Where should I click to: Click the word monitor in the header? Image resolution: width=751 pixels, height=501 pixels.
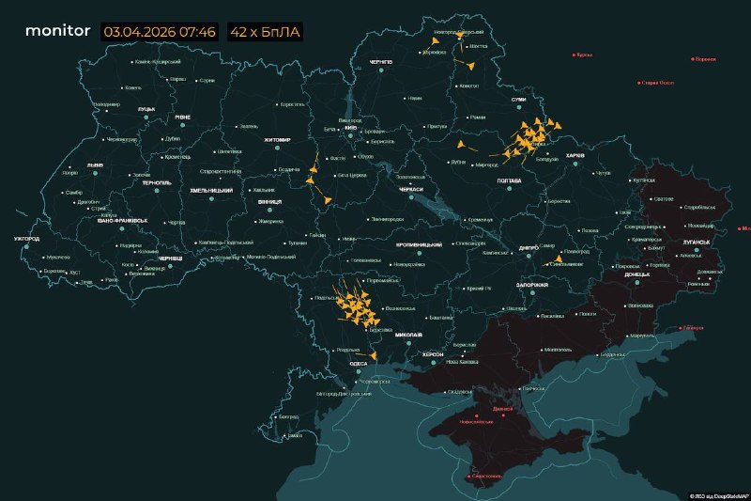(57, 31)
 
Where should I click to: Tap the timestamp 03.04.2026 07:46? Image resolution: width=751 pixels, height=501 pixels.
(160, 31)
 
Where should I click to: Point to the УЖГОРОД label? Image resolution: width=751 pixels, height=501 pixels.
(26, 239)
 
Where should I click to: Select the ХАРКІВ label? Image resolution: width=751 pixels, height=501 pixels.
(575, 155)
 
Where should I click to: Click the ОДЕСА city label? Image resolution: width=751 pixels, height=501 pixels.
(358, 363)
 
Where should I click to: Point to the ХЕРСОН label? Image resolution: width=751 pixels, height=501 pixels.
(433, 353)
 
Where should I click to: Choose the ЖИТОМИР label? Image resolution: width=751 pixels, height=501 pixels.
(277, 139)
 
